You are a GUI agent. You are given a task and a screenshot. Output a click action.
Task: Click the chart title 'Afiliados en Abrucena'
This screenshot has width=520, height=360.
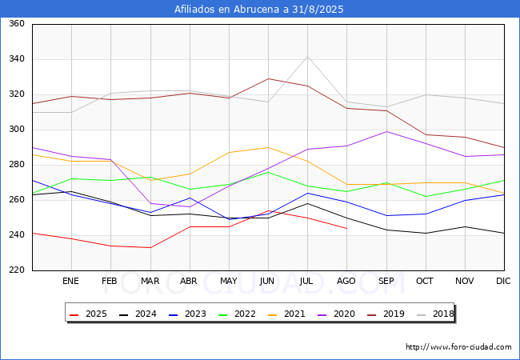point(259,9)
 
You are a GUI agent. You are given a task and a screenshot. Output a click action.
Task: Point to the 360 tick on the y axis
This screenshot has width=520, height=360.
point(17,24)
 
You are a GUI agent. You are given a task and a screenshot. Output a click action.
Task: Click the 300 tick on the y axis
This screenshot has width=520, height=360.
point(17,130)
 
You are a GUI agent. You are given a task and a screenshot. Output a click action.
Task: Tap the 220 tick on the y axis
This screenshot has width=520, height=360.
point(17,270)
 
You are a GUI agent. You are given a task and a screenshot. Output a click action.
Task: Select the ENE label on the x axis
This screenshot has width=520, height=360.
point(71,282)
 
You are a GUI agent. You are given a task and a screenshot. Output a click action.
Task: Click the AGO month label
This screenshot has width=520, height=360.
point(346,282)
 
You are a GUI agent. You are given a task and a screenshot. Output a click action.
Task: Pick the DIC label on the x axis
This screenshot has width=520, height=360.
point(503,282)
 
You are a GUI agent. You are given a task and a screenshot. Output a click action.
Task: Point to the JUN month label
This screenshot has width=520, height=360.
point(268,282)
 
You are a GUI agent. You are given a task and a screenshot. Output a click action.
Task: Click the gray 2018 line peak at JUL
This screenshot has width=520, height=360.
point(307,56)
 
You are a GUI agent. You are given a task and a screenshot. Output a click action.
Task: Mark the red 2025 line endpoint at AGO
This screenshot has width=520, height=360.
point(346,228)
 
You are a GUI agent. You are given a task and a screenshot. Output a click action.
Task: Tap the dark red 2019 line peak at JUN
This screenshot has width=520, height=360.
point(268,78)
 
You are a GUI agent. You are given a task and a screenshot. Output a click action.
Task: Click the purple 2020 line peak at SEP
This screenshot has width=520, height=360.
point(386,131)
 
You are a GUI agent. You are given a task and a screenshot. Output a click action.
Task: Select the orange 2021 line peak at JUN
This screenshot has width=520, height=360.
point(268,147)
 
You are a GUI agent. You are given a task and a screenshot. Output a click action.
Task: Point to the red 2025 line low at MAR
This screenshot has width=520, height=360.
point(150,247)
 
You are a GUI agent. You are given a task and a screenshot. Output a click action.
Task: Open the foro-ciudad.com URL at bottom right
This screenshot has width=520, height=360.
point(458,347)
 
